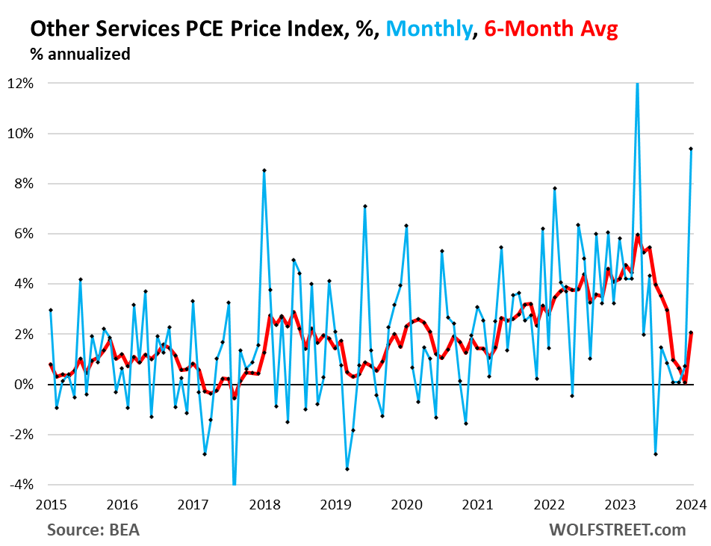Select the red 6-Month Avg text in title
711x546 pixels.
[x=551, y=29]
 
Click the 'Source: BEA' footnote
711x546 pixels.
[x=93, y=530]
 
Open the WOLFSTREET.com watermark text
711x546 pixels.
[x=617, y=530]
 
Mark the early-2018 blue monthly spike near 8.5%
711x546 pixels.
[x=264, y=170]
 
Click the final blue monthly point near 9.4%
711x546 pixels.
[x=691, y=149]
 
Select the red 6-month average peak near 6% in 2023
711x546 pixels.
[x=638, y=235]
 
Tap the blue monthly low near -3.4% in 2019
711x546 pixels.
[x=347, y=469]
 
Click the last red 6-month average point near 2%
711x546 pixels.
[x=691, y=332]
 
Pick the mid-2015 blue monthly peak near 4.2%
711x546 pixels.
[x=81, y=279]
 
